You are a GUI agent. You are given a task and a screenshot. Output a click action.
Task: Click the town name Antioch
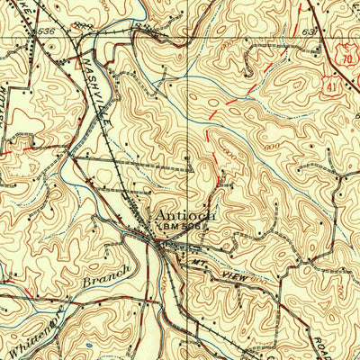tap(184, 216)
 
